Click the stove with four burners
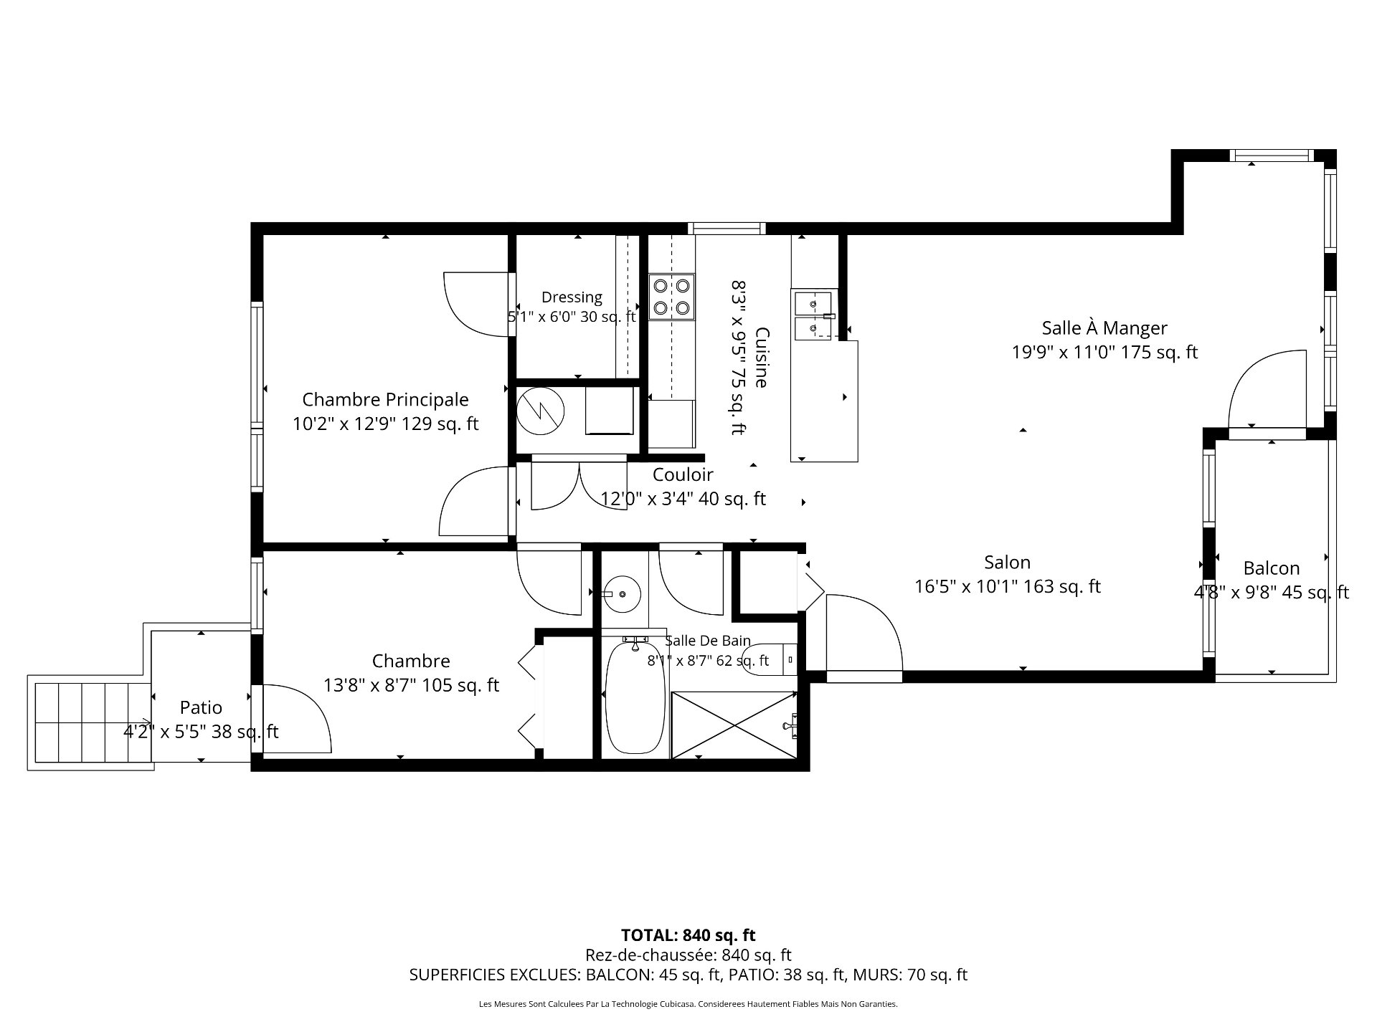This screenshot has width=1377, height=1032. click(672, 297)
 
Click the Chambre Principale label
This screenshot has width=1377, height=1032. click(385, 399)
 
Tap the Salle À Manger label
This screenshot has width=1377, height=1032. click(1104, 328)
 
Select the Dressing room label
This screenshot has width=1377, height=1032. click(572, 297)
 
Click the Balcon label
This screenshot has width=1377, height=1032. click(1272, 568)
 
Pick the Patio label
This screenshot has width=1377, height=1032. click(201, 707)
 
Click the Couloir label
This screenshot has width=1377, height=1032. click(683, 474)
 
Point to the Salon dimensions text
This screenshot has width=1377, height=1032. click(1008, 586)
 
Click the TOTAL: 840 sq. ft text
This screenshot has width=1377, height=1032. click(688, 935)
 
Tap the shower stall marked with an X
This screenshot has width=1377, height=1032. click(734, 724)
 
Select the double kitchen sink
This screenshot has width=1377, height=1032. click(813, 315)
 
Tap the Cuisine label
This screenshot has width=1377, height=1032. click(762, 357)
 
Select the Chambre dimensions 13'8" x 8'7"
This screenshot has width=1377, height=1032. click(411, 685)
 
